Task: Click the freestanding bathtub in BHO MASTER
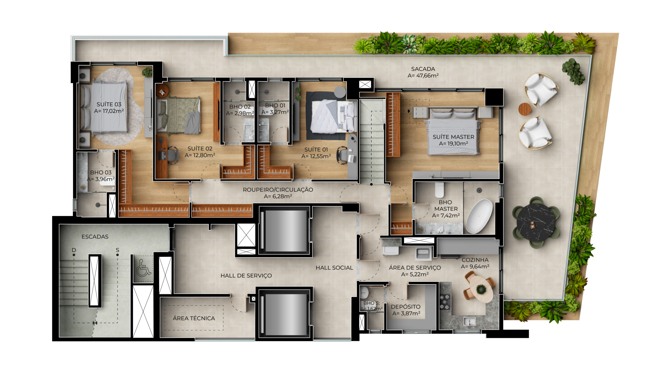point(479,216)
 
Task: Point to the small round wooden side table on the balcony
point(525,109)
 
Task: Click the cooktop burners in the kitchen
point(445,302)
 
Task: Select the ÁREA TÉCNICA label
point(194,318)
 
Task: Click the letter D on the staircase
point(74,250)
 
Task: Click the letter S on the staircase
point(118,250)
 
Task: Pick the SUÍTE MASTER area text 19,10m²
point(453,144)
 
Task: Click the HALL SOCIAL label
point(334,268)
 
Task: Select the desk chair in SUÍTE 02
point(172,155)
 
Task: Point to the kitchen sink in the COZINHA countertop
point(469,321)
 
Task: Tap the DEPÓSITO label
point(406,307)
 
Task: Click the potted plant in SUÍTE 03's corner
point(147,72)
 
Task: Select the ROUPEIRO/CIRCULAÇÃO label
point(278,190)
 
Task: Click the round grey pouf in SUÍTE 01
point(340,92)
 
